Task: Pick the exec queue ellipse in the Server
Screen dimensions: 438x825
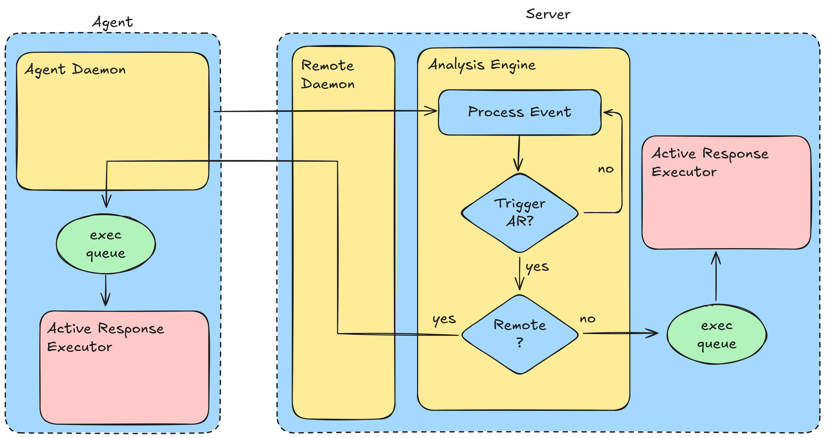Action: pos(716,334)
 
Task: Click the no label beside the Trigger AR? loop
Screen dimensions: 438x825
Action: pos(606,169)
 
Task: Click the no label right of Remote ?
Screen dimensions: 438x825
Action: pos(587,319)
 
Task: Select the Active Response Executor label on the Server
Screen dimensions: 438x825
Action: pos(710,163)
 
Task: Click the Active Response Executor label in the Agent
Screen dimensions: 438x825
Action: pos(106,337)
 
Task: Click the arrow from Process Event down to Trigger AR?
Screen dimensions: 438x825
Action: pos(519,154)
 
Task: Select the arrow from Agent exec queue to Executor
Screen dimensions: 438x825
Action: pos(105,290)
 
